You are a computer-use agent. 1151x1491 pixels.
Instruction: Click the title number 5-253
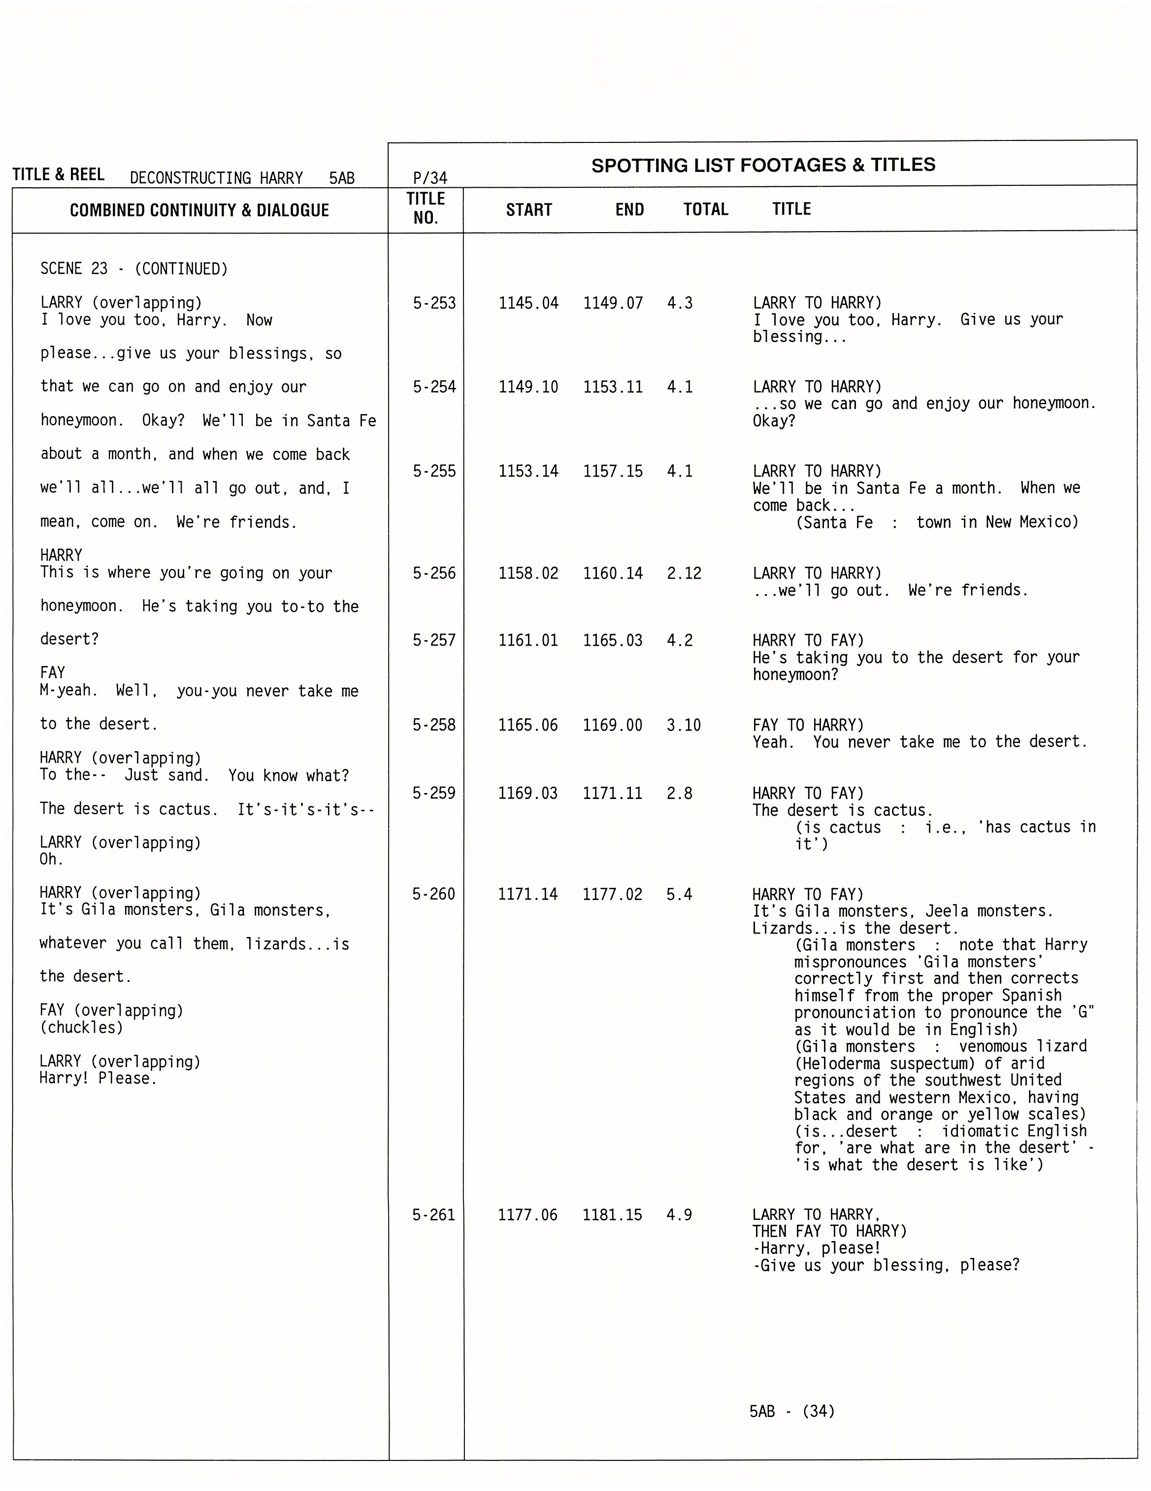point(434,303)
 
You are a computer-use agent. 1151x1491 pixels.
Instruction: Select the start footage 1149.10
point(528,387)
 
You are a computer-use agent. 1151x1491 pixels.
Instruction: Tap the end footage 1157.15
point(613,471)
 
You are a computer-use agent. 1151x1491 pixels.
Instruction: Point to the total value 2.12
point(684,573)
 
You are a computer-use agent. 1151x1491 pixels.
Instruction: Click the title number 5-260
point(433,894)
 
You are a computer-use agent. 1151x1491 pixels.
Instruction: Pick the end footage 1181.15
point(612,1214)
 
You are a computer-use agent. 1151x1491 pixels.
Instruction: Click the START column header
point(529,209)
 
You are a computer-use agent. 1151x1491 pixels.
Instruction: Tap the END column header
point(629,209)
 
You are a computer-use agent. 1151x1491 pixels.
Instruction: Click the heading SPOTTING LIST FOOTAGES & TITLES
point(763,165)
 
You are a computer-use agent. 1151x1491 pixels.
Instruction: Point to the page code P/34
point(430,178)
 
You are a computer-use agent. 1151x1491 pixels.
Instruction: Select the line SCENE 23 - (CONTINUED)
point(134,269)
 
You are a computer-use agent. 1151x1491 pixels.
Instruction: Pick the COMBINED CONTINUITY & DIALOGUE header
point(199,210)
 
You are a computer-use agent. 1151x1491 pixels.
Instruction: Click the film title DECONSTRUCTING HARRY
point(216,178)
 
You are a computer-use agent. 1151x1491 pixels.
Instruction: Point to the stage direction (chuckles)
point(81,1028)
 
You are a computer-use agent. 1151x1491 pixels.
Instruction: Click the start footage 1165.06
point(527,725)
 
